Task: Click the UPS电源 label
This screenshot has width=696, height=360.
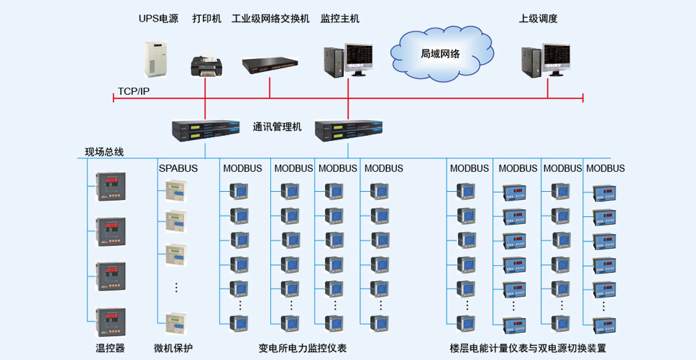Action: pyautogui.click(x=158, y=19)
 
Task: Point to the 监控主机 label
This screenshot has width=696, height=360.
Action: pyautogui.click(x=339, y=19)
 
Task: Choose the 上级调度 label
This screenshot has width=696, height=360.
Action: pyautogui.click(x=539, y=19)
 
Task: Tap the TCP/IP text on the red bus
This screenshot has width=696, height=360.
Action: pyautogui.click(x=134, y=91)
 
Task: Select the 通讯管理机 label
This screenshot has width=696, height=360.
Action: pyautogui.click(x=277, y=126)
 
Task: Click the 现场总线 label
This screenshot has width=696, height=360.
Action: pyautogui.click(x=104, y=152)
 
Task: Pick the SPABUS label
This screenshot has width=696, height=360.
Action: pyautogui.click(x=178, y=168)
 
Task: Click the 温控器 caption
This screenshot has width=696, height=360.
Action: pyautogui.click(x=110, y=348)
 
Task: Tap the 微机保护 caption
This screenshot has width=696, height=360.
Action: pyautogui.click(x=173, y=348)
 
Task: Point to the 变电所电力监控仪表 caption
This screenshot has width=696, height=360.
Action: pyautogui.click(x=302, y=348)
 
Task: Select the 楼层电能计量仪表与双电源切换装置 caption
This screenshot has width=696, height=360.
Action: pyautogui.click(x=528, y=348)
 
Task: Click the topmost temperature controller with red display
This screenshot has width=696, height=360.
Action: pyautogui.click(x=111, y=186)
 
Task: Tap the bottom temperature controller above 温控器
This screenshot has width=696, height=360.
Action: pyautogui.click(x=111, y=323)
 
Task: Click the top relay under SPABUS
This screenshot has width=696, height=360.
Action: pyautogui.click(x=175, y=190)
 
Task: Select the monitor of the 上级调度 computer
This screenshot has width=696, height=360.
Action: pyautogui.click(x=557, y=57)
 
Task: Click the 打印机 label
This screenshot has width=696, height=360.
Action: pyautogui.click(x=206, y=19)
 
